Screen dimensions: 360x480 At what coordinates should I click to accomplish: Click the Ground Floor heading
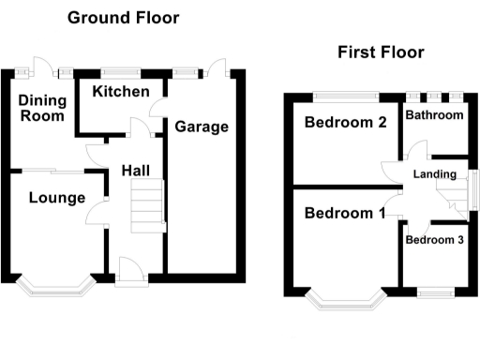123,18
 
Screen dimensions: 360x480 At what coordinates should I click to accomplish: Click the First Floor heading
381,52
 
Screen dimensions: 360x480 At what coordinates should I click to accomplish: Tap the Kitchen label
121,92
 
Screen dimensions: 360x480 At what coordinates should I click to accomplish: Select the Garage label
201,127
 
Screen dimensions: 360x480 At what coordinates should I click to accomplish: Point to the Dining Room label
42,107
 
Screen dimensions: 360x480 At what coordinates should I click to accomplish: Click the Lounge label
56,198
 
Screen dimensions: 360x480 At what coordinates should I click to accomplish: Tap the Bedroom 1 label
344,214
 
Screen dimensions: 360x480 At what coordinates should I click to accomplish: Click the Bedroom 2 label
345,122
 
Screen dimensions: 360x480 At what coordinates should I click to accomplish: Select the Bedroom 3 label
434,239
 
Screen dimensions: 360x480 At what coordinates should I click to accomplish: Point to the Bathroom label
434,115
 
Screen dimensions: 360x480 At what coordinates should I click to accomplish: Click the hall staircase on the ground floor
147,205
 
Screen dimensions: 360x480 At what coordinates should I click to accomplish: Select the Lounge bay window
56,287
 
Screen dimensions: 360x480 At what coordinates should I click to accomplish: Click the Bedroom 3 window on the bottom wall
435,293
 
